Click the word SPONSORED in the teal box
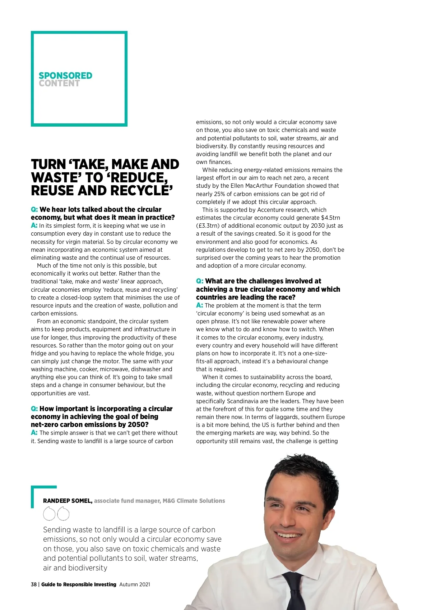pos(65,76)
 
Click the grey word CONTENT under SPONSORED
pos(59,83)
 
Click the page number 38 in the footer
pos(34,584)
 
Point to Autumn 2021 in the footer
pos(135,584)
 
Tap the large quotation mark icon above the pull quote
pos(56,514)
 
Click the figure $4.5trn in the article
pos(330,218)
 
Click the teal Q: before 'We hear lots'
pos(34,209)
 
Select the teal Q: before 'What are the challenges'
pos(200,281)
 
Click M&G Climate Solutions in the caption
pos(194,501)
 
